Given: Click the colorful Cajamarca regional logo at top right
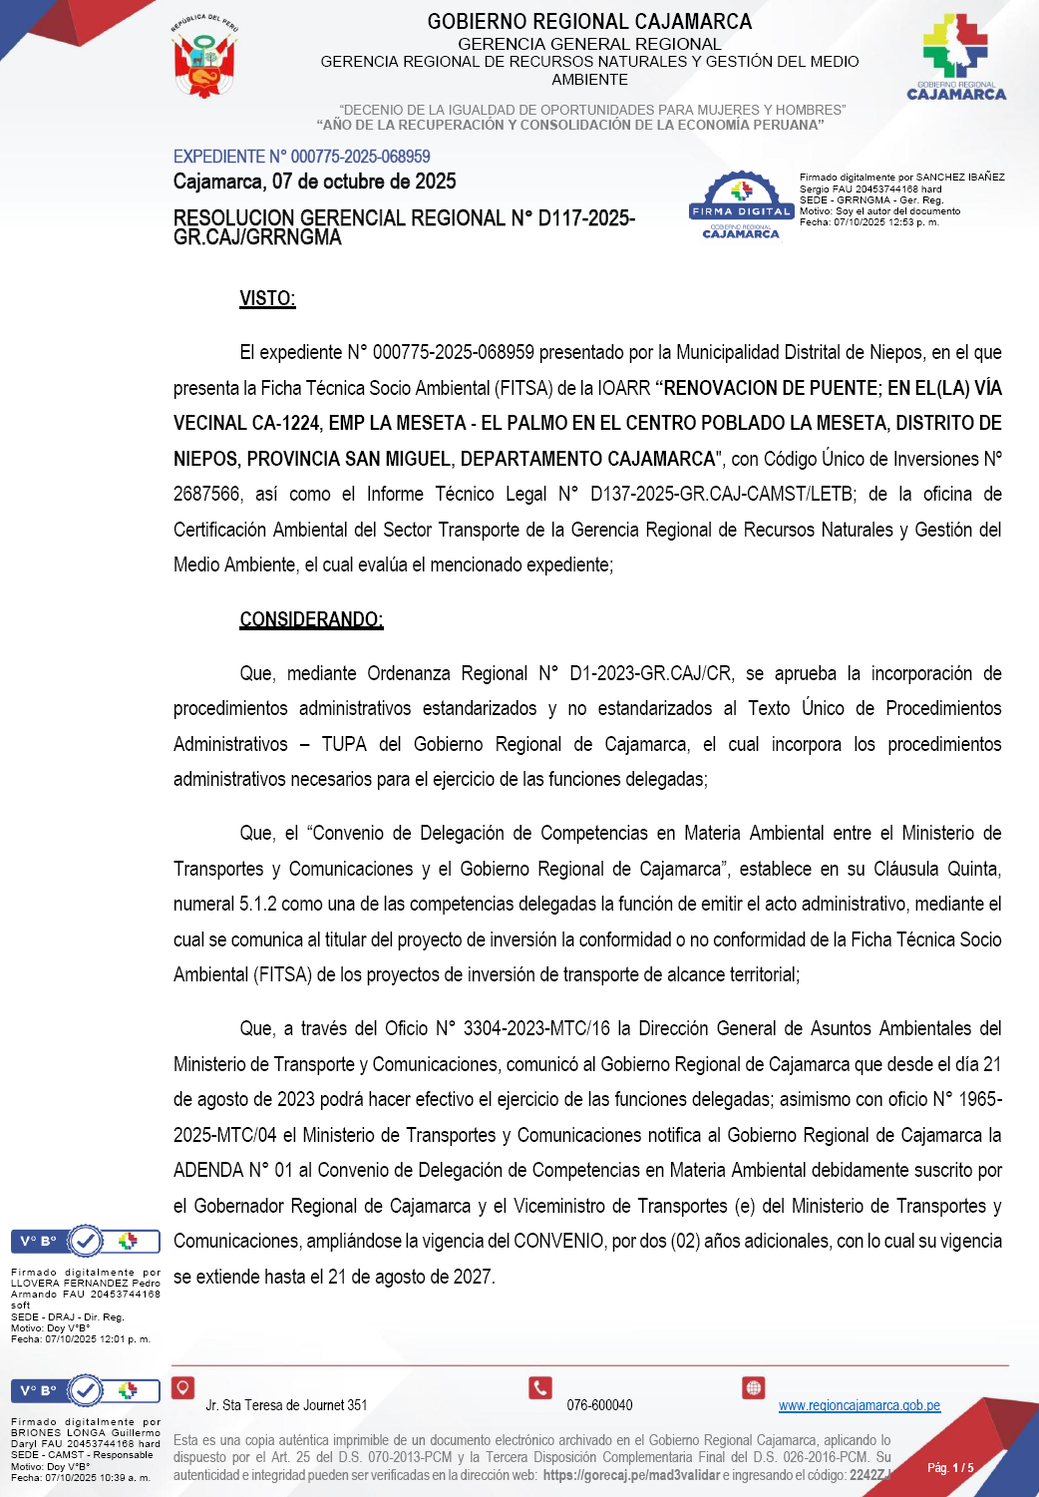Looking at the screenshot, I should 956,57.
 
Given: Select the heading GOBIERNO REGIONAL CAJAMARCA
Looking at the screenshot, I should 589,21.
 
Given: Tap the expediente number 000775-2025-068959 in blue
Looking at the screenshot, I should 360,157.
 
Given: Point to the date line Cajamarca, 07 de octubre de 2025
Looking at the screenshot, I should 314,182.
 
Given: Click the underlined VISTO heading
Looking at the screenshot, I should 267,298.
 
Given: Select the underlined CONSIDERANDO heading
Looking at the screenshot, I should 311,619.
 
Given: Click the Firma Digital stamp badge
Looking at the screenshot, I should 741,205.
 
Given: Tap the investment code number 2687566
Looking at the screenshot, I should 207,495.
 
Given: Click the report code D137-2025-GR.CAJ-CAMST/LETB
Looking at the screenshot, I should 722,495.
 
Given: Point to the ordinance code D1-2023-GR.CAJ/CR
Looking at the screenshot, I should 650,674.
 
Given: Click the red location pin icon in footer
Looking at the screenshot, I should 182,1387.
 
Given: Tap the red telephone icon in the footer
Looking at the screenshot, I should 540,1387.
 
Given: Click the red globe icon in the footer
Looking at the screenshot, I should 754,1387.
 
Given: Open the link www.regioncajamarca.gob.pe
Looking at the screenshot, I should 859,1405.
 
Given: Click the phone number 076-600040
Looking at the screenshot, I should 599,1405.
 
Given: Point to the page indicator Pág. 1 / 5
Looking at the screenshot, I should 950,1468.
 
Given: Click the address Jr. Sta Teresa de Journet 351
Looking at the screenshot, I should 286,1405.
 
